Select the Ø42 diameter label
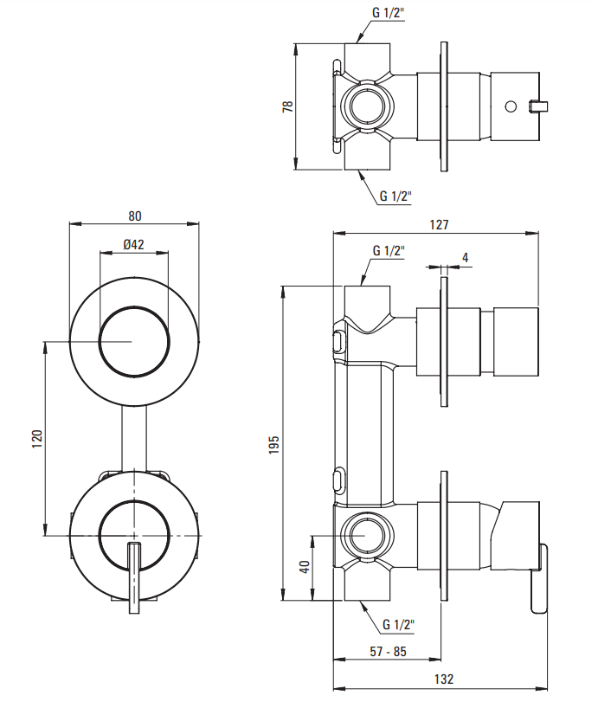pyautogui.click(x=134, y=245)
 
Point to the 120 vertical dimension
pyautogui.click(x=35, y=438)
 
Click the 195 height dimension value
pyautogui.click(x=273, y=442)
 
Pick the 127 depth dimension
pyautogui.click(x=439, y=224)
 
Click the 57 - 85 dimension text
pyautogui.click(x=388, y=651)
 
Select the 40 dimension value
pyautogui.click(x=304, y=568)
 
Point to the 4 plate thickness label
pyautogui.click(x=465, y=257)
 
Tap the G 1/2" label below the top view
pyautogui.click(x=395, y=196)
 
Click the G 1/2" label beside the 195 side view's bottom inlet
pyautogui.click(x=398, y=623)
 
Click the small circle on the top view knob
pyautogui.click(x=510, y=106)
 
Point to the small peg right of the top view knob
pyautogui.click(x=541, y=106)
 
